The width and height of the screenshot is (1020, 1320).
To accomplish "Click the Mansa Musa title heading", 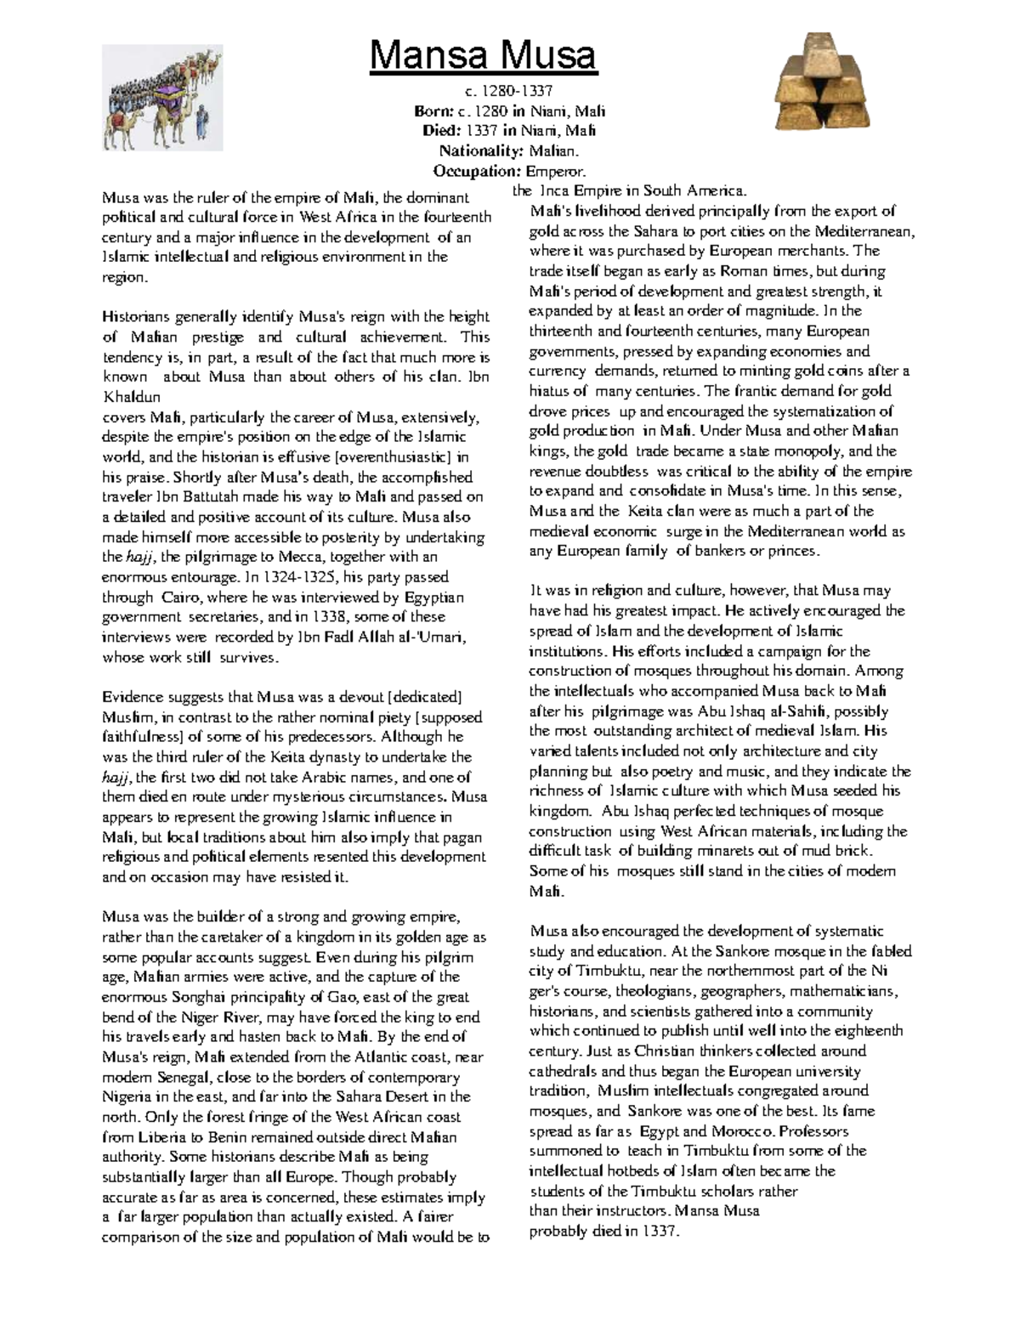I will (484, 56).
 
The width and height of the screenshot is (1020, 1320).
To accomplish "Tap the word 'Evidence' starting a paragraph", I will (130, 697).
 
